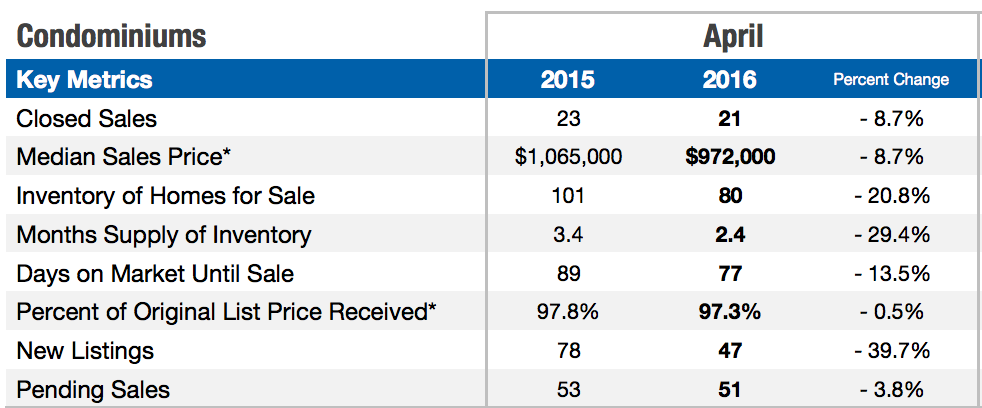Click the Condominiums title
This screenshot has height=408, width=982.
click(111, 37)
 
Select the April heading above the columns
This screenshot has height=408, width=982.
click(732, 37)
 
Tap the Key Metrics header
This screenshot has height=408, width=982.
click(85, 80)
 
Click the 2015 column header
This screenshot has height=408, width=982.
click(567, 80)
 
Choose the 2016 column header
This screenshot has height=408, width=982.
click(729, 80)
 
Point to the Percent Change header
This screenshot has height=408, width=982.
click(891, 80)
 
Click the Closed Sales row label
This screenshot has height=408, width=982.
click(87, 119)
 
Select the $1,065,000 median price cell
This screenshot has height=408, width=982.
click(567, 157)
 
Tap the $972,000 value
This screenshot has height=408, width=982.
click(729, 157)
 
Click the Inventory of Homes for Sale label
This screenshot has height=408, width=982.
click(166, 196)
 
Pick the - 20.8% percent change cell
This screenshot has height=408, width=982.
click(891, 196)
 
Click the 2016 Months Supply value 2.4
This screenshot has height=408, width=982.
click(729, 235)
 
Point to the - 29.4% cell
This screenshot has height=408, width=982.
click(891, 235)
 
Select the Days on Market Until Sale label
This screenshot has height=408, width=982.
click(155, 273)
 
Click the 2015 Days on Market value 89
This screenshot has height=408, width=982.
click(567, 273)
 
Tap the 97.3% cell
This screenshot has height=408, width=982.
click(729, 312)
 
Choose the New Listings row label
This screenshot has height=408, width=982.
click(85, 351)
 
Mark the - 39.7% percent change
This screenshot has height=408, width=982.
click(891, 351)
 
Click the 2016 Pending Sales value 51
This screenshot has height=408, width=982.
click(729, 390)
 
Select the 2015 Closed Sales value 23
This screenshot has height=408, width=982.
click(567, 119)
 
